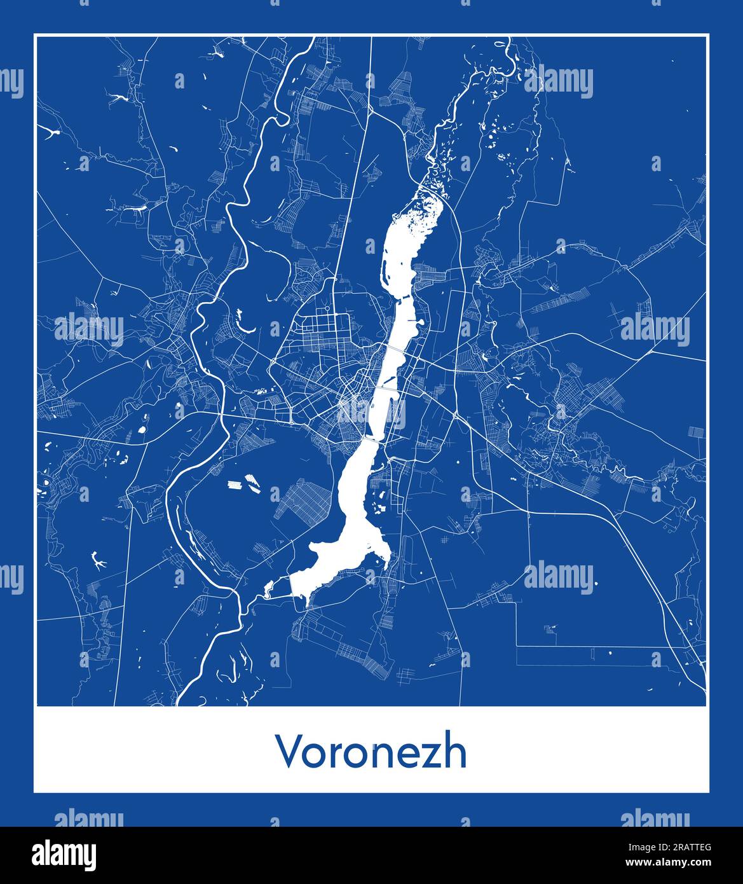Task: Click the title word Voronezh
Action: [371, 752]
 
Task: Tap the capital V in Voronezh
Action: [287, 752]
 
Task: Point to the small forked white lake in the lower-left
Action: [98, 560]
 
